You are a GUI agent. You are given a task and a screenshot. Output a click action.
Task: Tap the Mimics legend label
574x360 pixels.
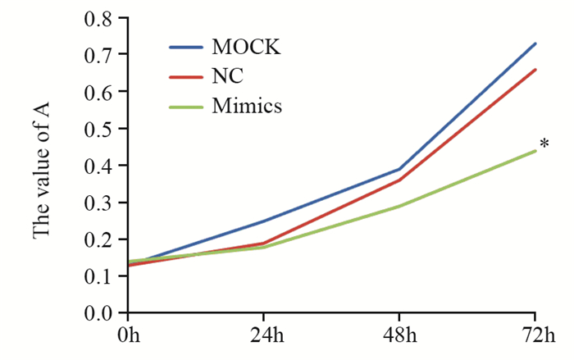(x=247, y=107)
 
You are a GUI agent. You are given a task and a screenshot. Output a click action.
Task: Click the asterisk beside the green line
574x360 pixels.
(x=544, y=146)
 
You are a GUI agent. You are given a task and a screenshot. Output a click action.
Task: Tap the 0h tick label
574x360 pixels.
(x=128, y=337)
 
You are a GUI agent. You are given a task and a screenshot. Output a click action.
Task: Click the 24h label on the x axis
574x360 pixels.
(x=263, y=337)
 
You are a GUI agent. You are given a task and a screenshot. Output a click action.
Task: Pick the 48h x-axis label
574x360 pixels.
(x=399, y=337)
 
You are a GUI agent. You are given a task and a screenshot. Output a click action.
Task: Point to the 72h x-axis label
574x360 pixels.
(x=535, y=337)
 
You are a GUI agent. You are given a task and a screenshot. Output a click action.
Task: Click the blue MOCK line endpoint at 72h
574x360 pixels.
(x=535, y=43)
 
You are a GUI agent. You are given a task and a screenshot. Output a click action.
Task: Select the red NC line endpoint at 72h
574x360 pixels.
(x=535, y=70)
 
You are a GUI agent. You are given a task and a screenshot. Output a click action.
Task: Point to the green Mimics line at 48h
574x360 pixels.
(x=399, y=206)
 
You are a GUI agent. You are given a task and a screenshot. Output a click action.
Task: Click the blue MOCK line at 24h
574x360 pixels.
(x=263, y=221)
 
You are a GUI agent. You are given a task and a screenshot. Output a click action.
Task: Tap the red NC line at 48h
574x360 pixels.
(x=399, y=180)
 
